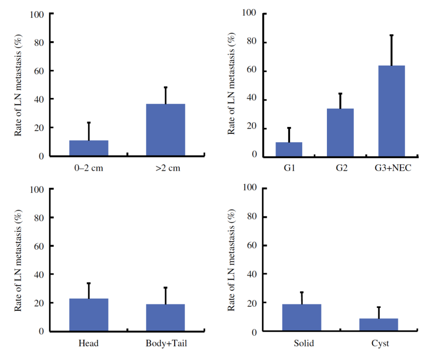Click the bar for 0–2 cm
click(89, 148)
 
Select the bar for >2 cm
click(165, 130)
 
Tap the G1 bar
click(289, 149)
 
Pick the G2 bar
click(340, 133)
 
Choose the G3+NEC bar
click(391, 111)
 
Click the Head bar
click(89, 315)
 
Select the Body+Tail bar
click(165, 318)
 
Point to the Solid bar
click(301, 318)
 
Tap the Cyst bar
click(379, 325)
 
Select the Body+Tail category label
click(166, 343)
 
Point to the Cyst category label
click(381, 343)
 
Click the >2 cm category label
click(168, 168)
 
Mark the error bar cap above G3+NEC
click(391, 35)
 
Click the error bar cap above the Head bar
click(89, 283)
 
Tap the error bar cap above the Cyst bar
click(379, 307)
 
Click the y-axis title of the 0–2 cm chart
click(19, 85)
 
